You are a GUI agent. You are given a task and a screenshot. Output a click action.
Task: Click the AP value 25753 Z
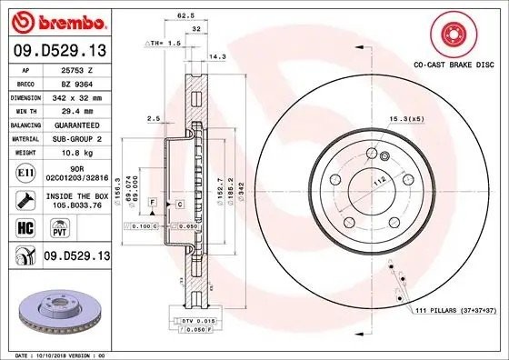tap(75, 69)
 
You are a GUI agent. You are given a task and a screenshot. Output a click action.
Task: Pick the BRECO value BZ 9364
tap(75, 82)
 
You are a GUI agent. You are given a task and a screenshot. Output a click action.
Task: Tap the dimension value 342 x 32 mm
tap(75, 95)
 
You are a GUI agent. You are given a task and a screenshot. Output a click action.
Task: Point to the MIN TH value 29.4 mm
tap(75, 109)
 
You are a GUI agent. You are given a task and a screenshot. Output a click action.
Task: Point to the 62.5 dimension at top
tap(185, 15)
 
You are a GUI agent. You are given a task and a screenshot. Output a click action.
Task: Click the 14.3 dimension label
tap(216, 55)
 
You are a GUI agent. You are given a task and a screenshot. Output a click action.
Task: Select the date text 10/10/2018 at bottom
tap(59, 355)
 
